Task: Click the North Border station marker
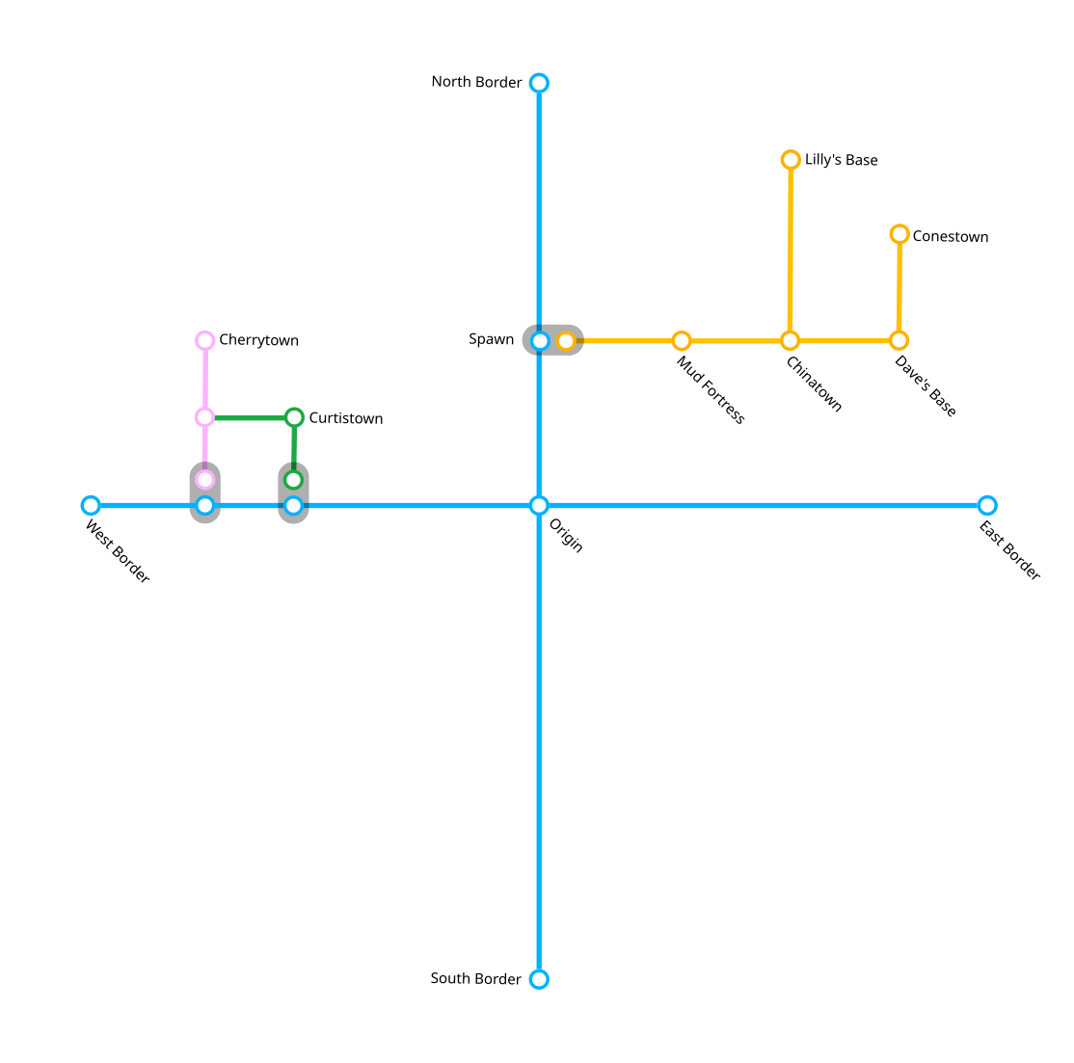539,83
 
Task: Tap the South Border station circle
539,979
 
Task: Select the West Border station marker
91,505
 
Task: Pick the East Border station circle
986,505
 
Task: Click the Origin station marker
539,505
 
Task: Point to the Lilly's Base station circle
791,159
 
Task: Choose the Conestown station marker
899,234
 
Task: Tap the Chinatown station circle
790,340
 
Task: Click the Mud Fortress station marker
682,340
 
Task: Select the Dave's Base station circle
899,340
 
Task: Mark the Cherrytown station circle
204,340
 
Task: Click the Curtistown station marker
294,417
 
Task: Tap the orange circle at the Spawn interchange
566,340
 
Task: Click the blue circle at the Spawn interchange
540,340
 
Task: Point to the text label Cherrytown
258,340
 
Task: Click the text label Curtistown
345,418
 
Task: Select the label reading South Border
475,978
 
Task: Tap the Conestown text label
950,236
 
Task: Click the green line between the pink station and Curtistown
250,417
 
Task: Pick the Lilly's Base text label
841,160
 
